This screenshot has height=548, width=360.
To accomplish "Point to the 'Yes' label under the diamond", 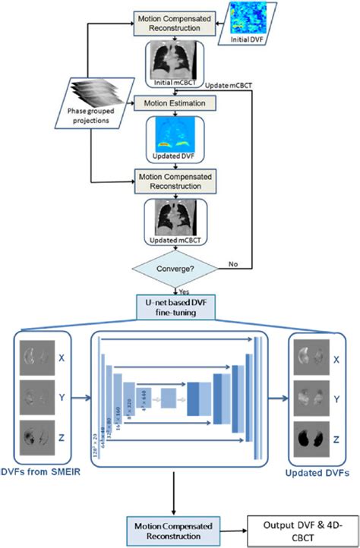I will tap(183, 291).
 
